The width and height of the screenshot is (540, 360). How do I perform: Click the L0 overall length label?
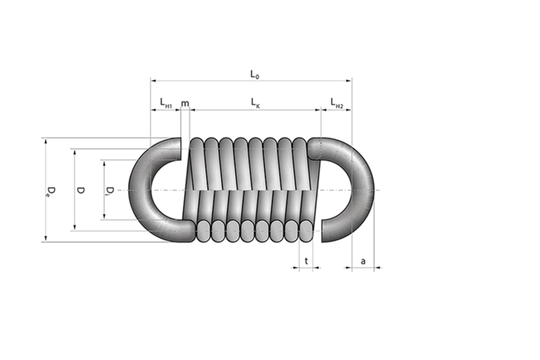255,75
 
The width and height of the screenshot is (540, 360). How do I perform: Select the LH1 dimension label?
166,103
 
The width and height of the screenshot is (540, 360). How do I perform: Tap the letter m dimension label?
185,103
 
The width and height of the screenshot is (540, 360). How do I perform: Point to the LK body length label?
255,103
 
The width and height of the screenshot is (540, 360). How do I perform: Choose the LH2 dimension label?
337,103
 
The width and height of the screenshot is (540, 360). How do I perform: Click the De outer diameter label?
51,191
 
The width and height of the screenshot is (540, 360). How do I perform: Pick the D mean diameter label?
81,190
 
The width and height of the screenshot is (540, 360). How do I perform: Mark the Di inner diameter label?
110,191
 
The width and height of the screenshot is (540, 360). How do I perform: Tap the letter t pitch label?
306,261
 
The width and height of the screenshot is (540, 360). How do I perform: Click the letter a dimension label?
363,262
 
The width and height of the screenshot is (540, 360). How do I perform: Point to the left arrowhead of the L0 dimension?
153,81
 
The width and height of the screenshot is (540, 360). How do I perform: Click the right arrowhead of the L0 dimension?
349,81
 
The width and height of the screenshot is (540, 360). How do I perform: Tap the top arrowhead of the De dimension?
45,141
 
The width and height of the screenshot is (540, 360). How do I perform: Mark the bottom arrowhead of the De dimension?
45,239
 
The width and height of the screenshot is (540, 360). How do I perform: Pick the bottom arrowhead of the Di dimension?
104,217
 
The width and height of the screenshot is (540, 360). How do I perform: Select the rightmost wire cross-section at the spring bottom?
306,231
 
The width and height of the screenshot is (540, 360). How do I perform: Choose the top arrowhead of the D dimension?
75,152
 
